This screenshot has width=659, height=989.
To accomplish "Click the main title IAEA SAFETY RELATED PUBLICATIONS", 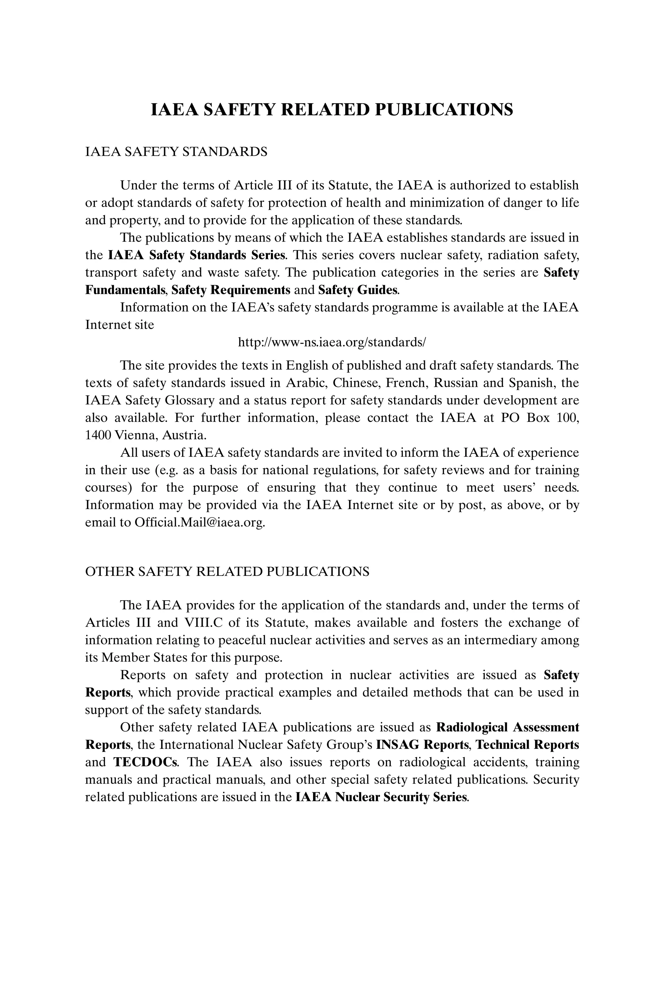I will point(332,109).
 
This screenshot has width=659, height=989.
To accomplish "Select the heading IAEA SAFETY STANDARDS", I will point(176,151).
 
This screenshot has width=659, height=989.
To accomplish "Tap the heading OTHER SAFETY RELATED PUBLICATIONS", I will point(227,572).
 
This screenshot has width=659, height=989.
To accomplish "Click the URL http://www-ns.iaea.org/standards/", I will point(332,342).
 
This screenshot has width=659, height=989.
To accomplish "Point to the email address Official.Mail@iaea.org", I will point(200,522).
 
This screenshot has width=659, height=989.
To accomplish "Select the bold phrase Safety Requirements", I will point(231,290).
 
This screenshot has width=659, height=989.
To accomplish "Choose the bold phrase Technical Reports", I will point(527,745).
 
